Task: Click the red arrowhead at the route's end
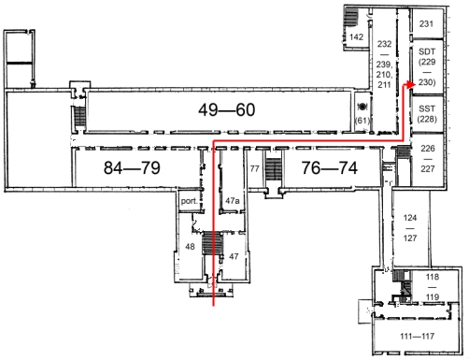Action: pyautogui.click(x=411, y=84)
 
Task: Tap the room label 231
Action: pyautogui.click(x=426, y=23)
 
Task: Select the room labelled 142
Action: pyautogui.click(x=356, y=37)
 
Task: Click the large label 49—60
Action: pyautogui.click(x=227, y=109)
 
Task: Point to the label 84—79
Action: pyautogui.click(x=132, y=167)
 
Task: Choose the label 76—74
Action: pyautogui.click(x=330, y=167)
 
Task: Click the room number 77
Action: pyautogui.click(x=254, y=168)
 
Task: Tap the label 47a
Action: pyautogui.click(x=233, y=201)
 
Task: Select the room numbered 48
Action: pyautogui.click(x=190, y=247)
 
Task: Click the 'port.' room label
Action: pyautogui.click(x=190, y=201)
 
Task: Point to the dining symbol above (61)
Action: pyautogui.click(x=362, y=107)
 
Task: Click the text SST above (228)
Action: pyautogui.click(x=427, y=108)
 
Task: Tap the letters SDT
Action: pyautogui.click(x=427, y=51)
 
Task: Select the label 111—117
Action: pyautogui.click(x=418, y=336)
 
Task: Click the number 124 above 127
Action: pyautogui.click(x=410, y=218)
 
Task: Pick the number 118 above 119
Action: pyautogui.click(x=433, y=277)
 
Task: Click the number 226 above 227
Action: pyautogui.click(x=428, y=148)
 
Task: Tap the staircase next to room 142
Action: pyautogui.click(x=350, y=17)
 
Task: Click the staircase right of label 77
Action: pyautogui.click(x=274, y=169)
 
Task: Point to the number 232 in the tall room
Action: pyautogui.click(x=384, y=44)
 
